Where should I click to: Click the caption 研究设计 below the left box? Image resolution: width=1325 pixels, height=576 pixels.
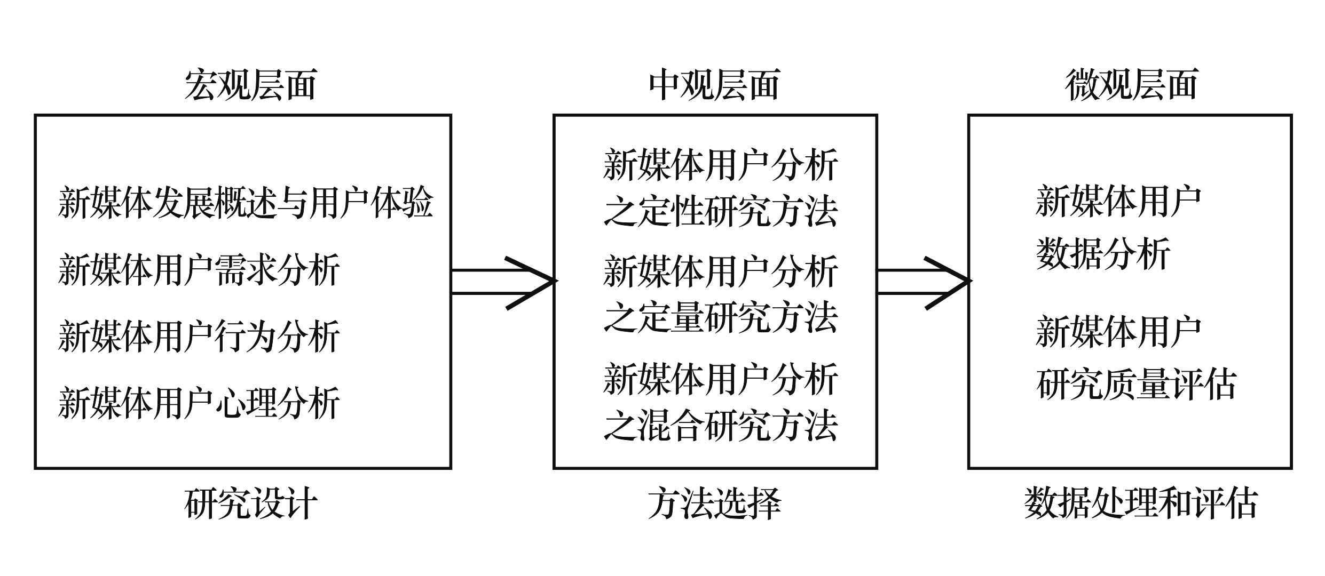[250, 503]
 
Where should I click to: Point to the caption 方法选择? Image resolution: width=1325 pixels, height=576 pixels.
[714, 503]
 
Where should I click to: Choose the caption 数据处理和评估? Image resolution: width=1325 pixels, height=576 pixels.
[1141, 503]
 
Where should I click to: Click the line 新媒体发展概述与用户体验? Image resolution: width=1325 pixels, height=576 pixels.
[245, 203]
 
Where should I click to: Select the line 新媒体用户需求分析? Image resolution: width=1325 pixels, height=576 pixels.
[199, 270]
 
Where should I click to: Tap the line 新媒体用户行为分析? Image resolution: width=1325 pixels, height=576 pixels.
[199, 337]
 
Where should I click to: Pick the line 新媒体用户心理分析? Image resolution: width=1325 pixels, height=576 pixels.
[199, 403]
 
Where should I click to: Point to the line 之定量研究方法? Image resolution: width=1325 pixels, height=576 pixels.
[720, 318]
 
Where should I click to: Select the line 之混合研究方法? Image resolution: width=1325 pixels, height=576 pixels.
[720, 425]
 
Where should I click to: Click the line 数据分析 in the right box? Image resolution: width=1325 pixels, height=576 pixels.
[1103, 253]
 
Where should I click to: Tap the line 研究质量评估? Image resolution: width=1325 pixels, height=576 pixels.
[1136, 384]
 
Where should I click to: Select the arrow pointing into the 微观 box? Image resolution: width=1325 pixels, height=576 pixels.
[923, 282]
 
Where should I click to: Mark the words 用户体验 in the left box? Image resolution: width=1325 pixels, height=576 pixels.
[370, 203]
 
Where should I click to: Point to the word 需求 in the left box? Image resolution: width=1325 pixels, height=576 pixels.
[245, 270]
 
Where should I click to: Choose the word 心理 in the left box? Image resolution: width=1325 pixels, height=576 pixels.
[245, 403]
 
